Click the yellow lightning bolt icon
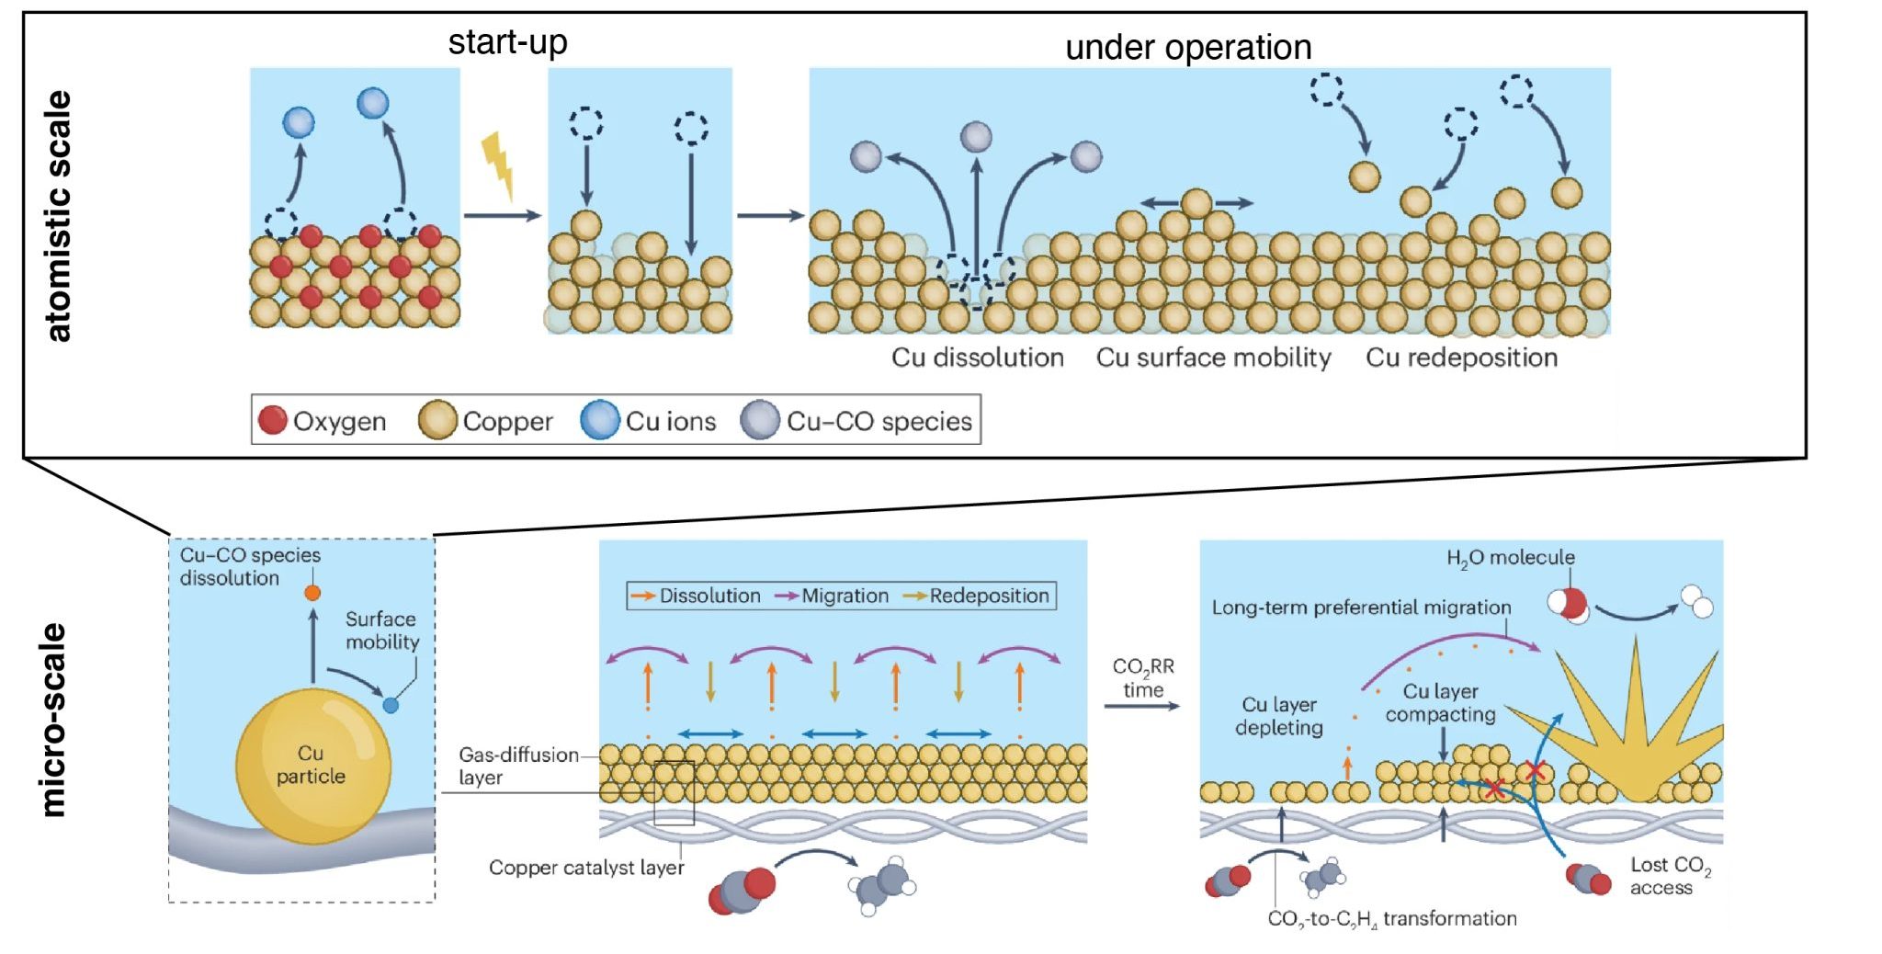498,165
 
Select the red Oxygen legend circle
272,420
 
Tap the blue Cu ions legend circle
599,420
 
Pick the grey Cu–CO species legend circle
760,420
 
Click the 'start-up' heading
507,42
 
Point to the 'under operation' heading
1187,48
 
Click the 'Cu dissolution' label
977,358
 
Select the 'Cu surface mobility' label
1213,358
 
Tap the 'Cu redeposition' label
1461,358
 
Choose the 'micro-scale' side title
54,720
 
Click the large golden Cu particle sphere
312,766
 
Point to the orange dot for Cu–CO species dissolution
312,593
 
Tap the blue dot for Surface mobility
391,706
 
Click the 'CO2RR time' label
1143,678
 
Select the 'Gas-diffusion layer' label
517,766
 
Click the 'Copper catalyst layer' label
586,868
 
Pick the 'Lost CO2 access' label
1670,876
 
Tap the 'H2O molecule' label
1510,558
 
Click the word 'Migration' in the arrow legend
845,596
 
